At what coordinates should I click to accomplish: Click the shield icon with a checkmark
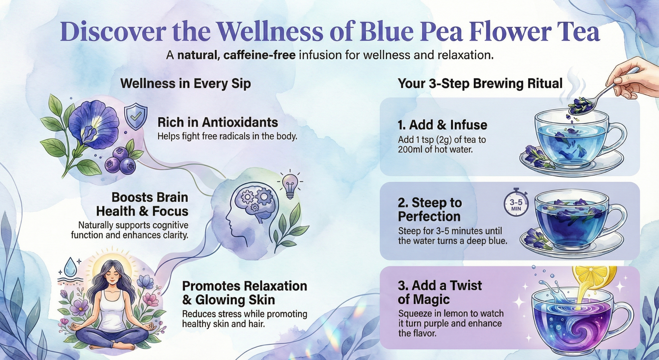(x=136, y=117)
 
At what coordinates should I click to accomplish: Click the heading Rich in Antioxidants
(x=218, y=122)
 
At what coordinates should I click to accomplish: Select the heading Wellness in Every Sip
(x=185, y=83)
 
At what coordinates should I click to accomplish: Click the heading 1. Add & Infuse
(x=442, y=125)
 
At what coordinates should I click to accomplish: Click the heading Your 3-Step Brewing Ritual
(x=480, y=83)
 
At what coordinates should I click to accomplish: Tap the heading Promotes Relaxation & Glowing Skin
(x=245, y=293)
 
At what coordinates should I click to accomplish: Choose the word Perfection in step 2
(x=429, y=217)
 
